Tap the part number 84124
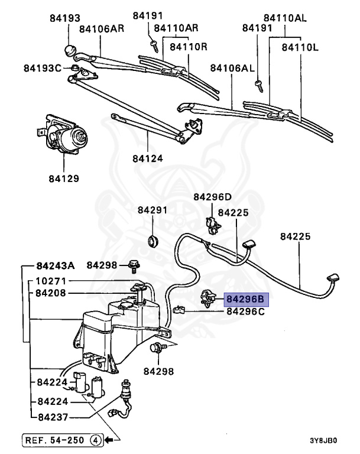[147, 158]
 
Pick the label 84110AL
[285, 18]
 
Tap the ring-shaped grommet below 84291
[154, 240]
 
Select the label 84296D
[212, 197]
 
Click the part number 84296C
[246, 311]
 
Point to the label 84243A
[56, 265]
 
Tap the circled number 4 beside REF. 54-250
[95, 440]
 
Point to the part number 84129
[64, 177]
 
